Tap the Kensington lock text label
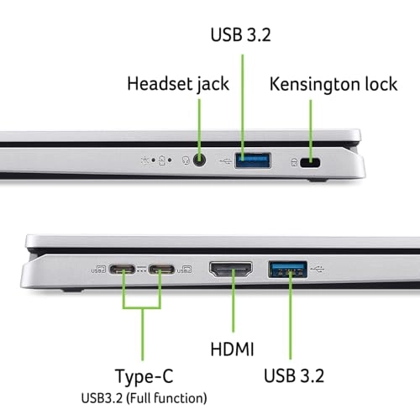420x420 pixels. coord(328,84)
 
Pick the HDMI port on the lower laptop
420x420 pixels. coord(233,270)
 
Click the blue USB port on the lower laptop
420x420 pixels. coord(286,270)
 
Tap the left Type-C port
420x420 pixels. coord(124,270)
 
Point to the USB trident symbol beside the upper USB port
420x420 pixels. coord(223,158)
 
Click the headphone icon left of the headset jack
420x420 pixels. coord(185,159)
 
